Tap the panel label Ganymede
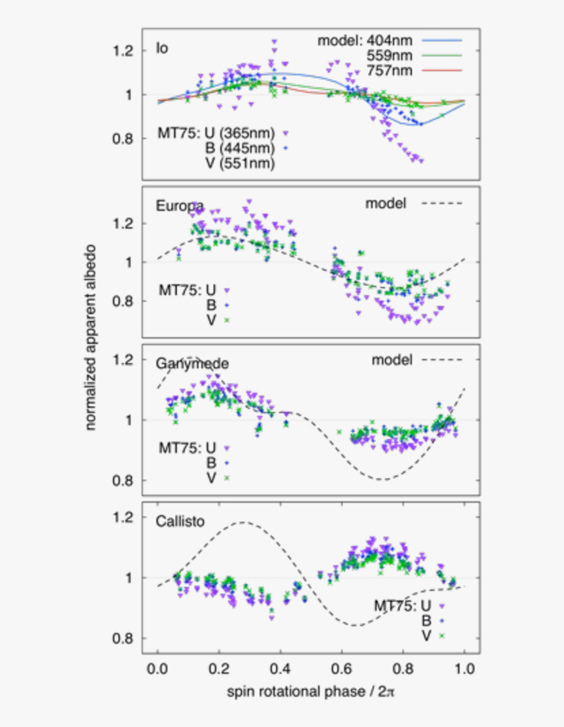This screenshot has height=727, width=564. click(191, 363)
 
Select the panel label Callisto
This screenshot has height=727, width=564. click(180, 522)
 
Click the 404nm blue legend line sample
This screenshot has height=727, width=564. click(442, 41)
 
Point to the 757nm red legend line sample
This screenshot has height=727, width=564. click(442, 70)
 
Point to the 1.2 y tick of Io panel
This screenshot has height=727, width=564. click(125, 51)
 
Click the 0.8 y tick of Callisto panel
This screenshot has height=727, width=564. click(125, 638)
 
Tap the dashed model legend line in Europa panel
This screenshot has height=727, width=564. click(442, 203)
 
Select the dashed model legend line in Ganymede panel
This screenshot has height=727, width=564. click(442, 360)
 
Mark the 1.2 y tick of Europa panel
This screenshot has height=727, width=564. click(125, 223)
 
